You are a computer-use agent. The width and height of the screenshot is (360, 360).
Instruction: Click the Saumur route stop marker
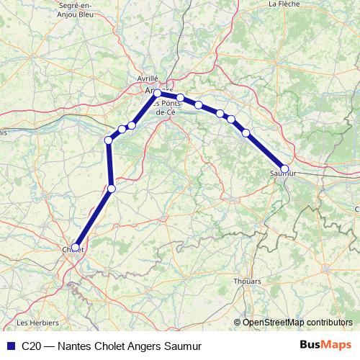[x=284, y=169]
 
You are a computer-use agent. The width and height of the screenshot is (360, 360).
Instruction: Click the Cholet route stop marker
[x=76, y=247]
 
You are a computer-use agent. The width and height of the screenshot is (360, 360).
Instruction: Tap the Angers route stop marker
[x=157, y=93]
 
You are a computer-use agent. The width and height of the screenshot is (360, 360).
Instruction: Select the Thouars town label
[x=247, y=282]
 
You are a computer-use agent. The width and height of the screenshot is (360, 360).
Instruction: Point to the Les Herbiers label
[x=32, y=322]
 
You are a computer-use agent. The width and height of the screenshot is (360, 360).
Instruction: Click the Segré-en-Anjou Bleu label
[x=61, y=8]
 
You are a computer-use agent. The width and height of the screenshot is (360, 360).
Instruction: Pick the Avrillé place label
[x=147, y=79]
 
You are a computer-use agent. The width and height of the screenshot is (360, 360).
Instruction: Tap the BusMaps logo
[x=326, y=345]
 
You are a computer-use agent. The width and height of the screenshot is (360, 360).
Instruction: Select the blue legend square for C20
[x=9, y=346]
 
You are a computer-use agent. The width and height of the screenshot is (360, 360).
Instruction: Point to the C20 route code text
[x=32, y=346]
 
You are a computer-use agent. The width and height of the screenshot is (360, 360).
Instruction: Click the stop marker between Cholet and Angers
[x=111, y=189]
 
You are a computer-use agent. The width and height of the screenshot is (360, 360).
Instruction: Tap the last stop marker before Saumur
[x=246, y=132]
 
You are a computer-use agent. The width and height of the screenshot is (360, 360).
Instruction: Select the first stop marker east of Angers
[x=181, y=98]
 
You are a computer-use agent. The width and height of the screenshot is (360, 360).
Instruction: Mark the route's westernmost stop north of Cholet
[x=109, y=140]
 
